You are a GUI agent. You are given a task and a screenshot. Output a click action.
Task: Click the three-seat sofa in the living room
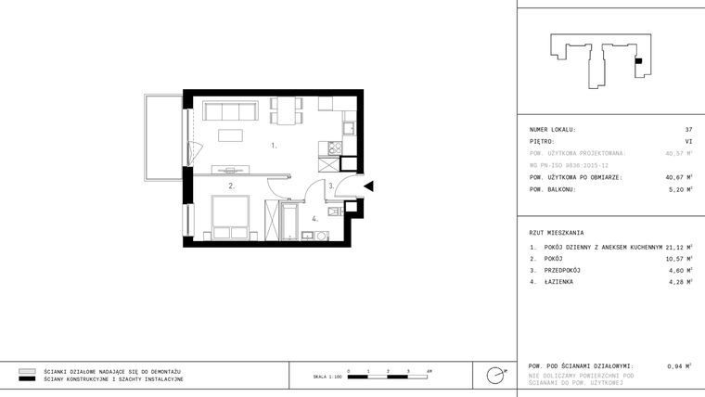click(230, 112)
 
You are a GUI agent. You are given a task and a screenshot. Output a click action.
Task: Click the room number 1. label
click(274, 146)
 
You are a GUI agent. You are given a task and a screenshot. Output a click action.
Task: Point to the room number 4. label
click(315, 219)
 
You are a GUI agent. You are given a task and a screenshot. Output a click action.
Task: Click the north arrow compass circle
click(496, 375)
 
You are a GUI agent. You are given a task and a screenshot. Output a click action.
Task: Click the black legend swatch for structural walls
click(27, 379)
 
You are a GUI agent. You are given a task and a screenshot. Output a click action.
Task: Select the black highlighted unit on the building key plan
click(638, 60)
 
